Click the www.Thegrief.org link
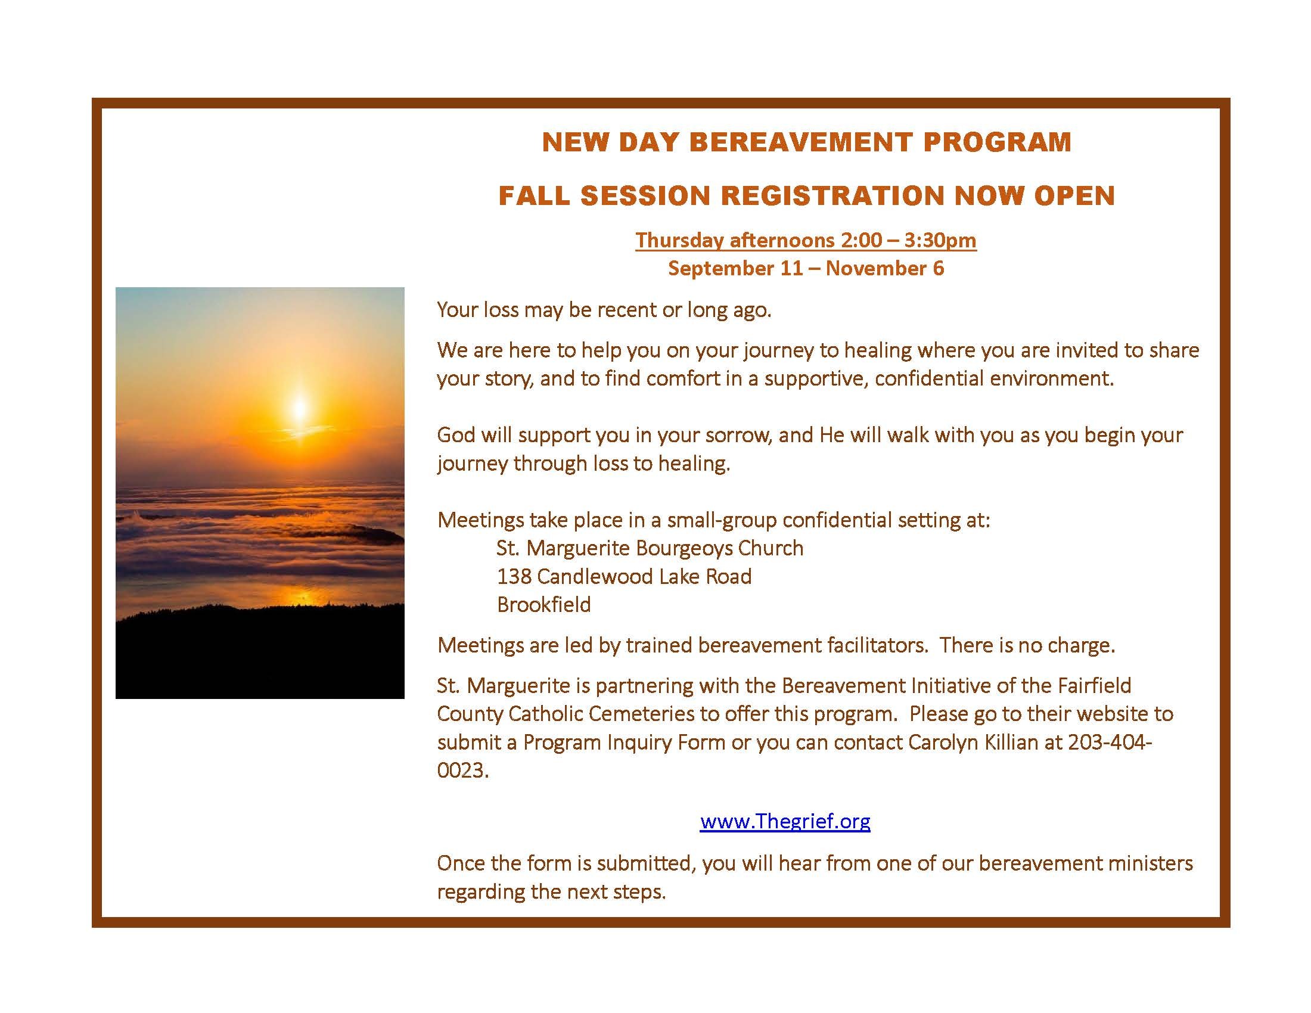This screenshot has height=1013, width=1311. tap(785, 821)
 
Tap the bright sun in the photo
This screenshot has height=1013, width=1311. tap(299, 408)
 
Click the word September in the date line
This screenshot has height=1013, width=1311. tap(714, 268)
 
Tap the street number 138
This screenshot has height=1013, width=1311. tap(513, 577)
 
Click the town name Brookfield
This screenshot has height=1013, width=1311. tap(544, 604)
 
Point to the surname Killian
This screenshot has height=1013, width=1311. tap(1011, 742)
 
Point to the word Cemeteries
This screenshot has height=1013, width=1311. tap(645, 713)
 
